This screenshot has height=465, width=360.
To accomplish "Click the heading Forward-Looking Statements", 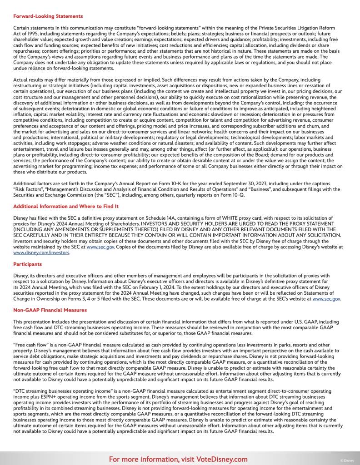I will pos(48,16).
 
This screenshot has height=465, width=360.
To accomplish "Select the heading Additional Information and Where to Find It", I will pos(66,206).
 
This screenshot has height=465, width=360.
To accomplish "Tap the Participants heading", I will pos(28,264).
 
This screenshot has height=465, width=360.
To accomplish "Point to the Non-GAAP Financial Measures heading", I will pos(50,310).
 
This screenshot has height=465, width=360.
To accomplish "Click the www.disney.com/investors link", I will pos(41,252).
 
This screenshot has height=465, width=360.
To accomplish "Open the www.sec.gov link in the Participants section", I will pos(326,299).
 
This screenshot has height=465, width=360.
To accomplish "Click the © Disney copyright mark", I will pos(347,460).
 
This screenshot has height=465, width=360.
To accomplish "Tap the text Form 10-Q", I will pos(233,194).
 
